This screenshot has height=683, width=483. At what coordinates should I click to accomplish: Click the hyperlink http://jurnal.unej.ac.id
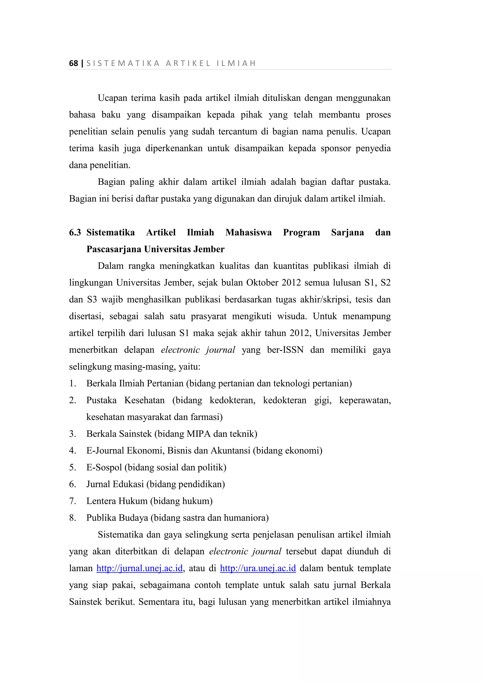(x=139, y=568)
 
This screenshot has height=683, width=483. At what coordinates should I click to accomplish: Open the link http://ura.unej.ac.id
(x=258, y=568)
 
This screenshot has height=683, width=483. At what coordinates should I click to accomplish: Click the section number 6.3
(x=75, y=233)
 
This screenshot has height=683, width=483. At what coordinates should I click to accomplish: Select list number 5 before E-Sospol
(x=73, y=468)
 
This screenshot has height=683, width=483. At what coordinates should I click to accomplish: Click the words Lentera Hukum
(x=117, y=501)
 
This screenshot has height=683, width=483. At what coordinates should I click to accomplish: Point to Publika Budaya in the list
(x=117, y=518)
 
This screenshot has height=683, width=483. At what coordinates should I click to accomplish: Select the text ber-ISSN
(x=285, y=350)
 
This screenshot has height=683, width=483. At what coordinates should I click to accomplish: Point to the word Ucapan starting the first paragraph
(x=112, y=98)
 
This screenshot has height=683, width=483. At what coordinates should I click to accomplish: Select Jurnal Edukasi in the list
(x=115, y=484)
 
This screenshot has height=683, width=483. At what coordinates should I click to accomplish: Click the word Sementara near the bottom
(x=158, y=602)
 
